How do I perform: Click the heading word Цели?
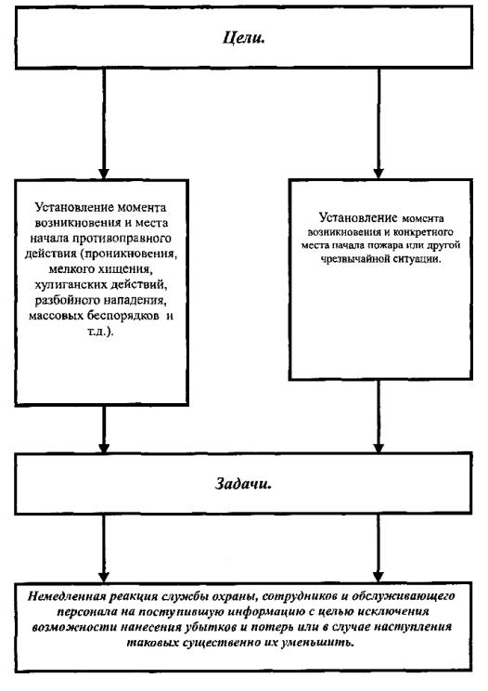coord(243,37)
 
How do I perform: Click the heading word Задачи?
coord(243,484)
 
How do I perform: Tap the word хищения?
coord(132,268)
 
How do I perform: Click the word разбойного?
coord(68,300)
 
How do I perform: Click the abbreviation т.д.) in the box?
coord(100,332)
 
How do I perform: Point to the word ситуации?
coord(419,259)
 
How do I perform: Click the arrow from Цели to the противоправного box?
coord(104,124)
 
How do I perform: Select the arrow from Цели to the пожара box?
coord(379,124)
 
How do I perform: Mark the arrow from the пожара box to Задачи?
coord(379,416)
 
